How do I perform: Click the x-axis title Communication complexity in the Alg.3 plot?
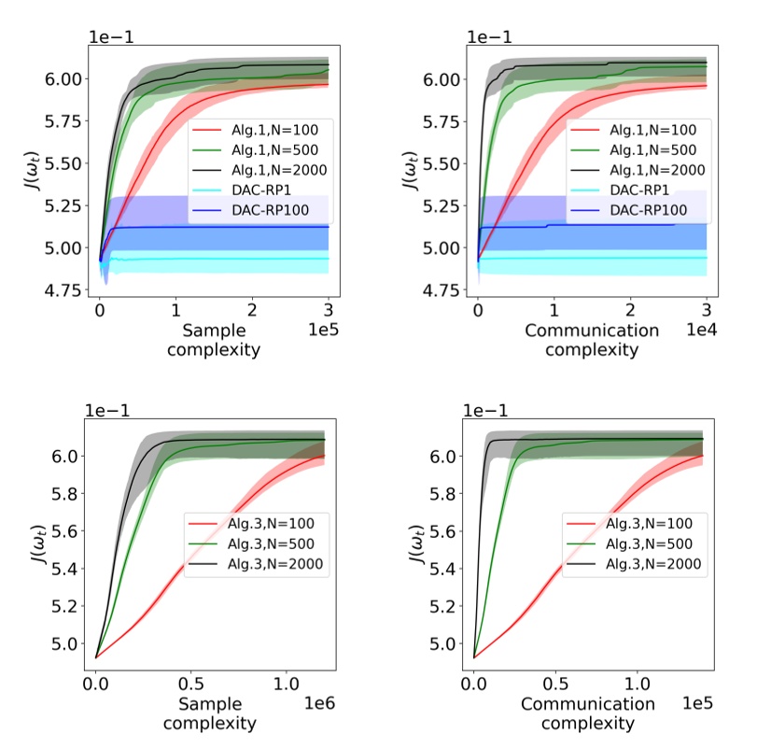[586, 713]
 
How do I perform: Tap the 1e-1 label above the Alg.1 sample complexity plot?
[108, 36]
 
